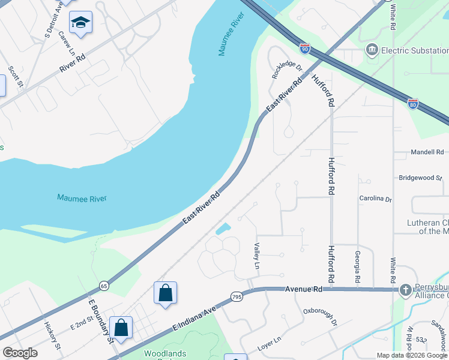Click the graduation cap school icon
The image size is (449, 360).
tap(80, 23)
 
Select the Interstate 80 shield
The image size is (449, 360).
tap(413, 104)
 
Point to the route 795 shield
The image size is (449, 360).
tap(236, 297)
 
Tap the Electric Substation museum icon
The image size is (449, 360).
tap(372, 49)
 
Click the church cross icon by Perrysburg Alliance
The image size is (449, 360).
tap(406, 290)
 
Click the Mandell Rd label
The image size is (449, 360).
tap(426, 152)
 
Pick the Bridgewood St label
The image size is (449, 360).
tap(420, 178)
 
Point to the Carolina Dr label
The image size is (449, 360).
tap(375, 199)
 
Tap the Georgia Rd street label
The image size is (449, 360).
tap(358, 267)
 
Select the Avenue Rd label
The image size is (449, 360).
tap(304, 289)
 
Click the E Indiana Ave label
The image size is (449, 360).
tap(194, 319)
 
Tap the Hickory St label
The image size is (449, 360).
tap(53, 335)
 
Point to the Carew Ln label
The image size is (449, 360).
tap(65, 40)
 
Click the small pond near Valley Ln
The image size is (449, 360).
tap(223, 229)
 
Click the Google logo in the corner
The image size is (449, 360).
tap(20, 353)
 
